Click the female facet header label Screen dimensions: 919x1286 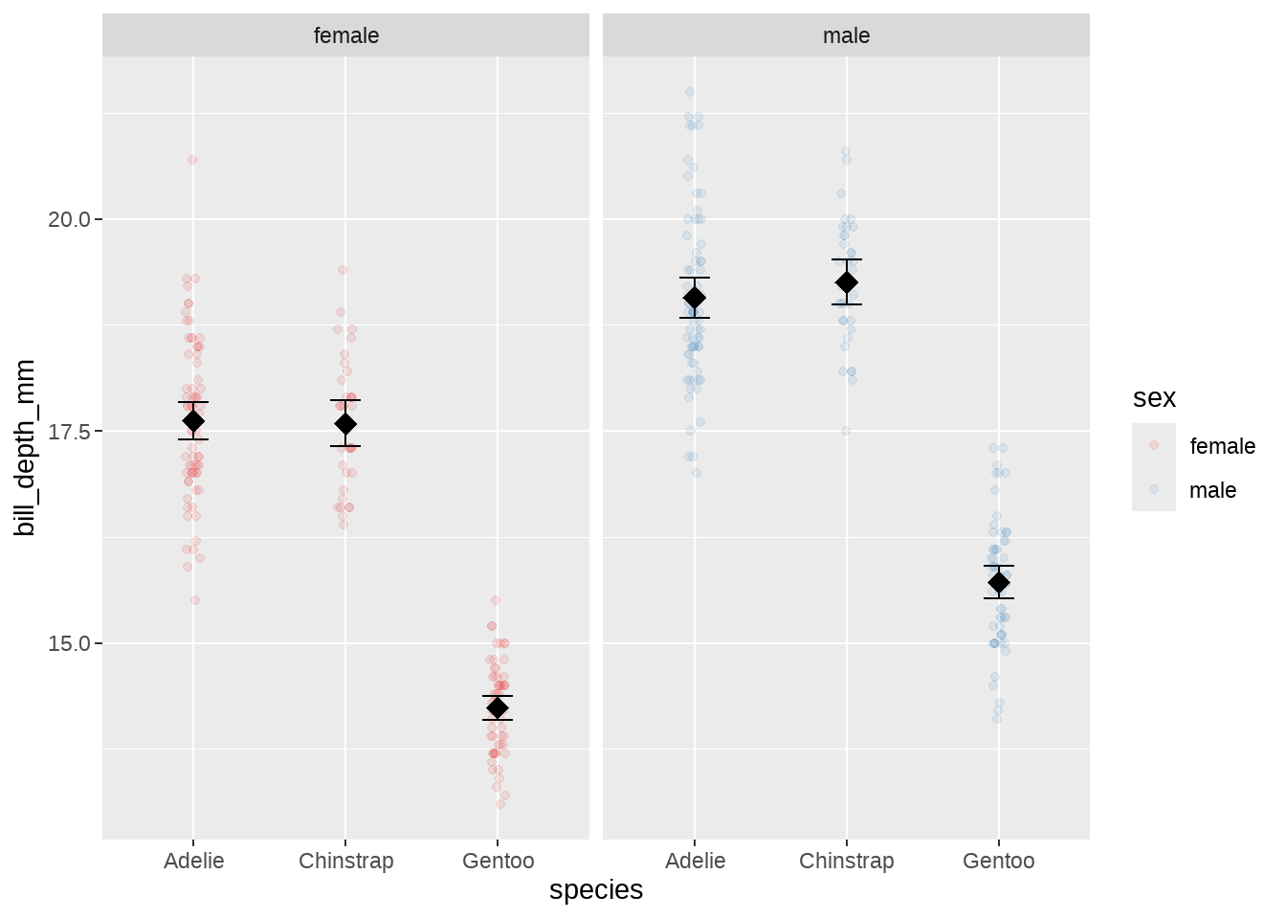pyautogui.click(x=346, y=35)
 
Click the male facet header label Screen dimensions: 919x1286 pyautogui.click(x=846, y=35)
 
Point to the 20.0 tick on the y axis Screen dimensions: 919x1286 pyautogui.click(x=69, y=219)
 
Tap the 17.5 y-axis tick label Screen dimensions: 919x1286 pyautogui.click(x=69, y=432)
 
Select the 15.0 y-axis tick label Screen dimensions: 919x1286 pyautogui.click(x=69, y=643)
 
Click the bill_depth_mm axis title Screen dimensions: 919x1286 pyautogui.click(x=25, y=448)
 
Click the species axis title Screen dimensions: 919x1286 pyautogui.click(x=595, y=890)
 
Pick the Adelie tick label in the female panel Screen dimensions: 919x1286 pyautogui.click(x=193, y=861)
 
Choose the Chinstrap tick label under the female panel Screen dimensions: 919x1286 pyautogui.click(x=345, y=861)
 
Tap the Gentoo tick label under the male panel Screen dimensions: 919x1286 pyautogui.click(x=998, y=861)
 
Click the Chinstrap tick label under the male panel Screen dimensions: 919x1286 pyautogui.click(x=846, y=861)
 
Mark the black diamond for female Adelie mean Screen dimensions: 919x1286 pyautogui.click(x=193, y=421)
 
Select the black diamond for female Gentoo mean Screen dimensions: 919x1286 pyautogui.click(x=498, y=707)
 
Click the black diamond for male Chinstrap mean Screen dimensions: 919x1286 pyautogui.click(x=847, y=282)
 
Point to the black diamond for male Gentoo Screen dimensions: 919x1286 pyautogui.click(x=999, y=582)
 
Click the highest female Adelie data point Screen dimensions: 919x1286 pyautogui.click(x=192, y=160)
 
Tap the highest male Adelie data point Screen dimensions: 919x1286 pyautogui.click(x=690, y=92)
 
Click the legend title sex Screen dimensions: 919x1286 pyautogui.click(x=1154, y=398)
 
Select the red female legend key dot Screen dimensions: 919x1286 pyautogui.click(x=1154, y=445)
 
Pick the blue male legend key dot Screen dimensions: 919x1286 pyautogui.click(x=1154, y=489)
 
